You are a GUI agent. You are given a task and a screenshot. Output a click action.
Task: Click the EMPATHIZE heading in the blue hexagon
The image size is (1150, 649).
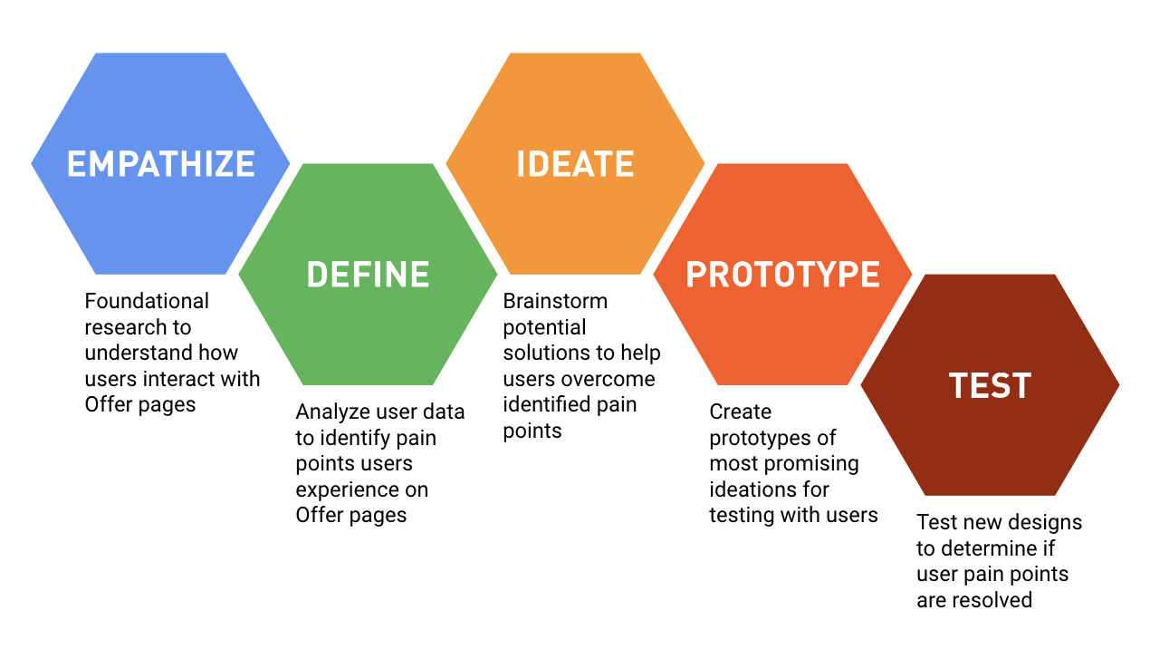tap(161, 164)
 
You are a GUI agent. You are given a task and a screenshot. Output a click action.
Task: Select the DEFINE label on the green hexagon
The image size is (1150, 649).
tap(368, 275)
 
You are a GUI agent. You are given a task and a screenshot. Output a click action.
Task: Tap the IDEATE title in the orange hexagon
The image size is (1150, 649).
tap(575, 164)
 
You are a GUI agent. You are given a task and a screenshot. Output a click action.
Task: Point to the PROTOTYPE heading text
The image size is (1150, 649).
tap(782, 275)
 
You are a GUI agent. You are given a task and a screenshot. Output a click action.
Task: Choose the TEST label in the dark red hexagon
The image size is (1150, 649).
tap(990, 386)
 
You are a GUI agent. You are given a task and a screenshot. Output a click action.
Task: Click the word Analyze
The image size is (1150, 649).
tap(331, 412)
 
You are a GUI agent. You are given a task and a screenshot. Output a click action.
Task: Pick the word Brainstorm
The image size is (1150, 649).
tap(555, 301)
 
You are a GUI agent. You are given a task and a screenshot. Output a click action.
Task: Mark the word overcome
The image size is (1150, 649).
tap(610, 379)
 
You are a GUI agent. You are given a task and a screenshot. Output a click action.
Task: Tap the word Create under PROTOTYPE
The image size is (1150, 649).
tap(740, 412)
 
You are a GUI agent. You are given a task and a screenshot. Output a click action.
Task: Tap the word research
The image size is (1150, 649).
tap(125, 327)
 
